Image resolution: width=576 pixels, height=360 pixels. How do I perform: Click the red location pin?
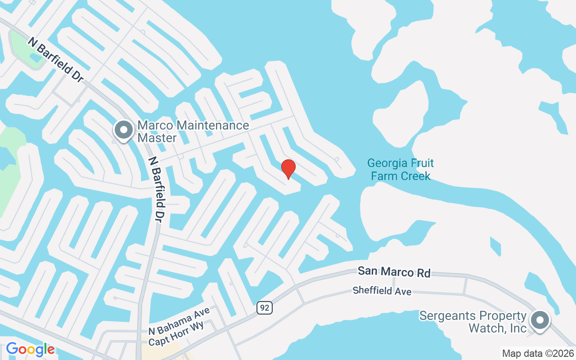coord(288,169)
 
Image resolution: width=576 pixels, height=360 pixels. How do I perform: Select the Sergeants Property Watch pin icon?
coord(540,320)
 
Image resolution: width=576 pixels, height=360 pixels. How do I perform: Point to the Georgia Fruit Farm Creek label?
coord(400,169)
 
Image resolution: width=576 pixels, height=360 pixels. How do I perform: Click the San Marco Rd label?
coord(394,272)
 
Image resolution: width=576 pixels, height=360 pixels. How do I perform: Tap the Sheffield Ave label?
coord(382,291)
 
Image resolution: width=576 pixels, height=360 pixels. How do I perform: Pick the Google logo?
coord(30,349)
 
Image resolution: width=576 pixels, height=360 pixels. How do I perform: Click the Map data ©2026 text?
coord(538,353)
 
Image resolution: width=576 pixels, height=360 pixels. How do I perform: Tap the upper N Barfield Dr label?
coord(56,59)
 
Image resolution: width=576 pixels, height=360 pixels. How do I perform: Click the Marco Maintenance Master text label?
coord(193,131)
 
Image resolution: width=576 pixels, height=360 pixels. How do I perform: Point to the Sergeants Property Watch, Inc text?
coord(472,322)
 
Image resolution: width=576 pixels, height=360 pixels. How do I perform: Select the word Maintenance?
coord(211,125)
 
